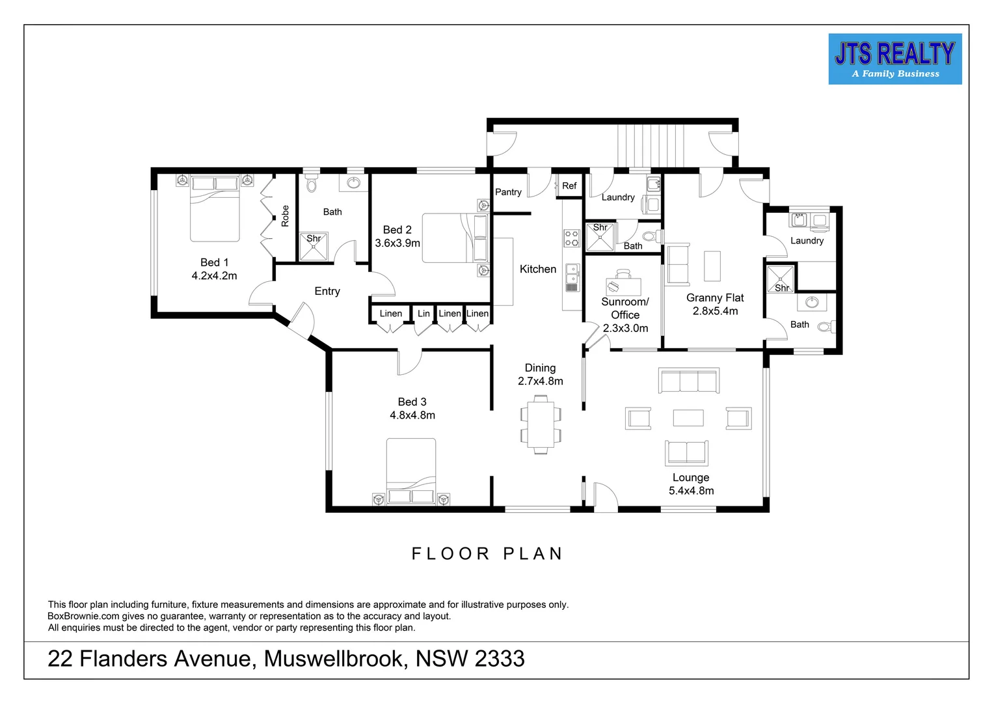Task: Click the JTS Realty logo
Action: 894,59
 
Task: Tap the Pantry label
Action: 508,192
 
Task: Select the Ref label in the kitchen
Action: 569,186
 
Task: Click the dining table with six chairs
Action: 541,424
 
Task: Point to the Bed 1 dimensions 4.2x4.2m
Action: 214,276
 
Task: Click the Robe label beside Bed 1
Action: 285,216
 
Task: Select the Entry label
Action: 327,292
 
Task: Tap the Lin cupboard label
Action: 423,314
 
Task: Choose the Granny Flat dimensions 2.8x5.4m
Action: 715,311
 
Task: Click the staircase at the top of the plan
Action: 651,146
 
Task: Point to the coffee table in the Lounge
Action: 688,417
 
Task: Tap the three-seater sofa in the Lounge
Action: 688,381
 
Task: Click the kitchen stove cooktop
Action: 571,238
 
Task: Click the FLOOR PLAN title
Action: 487,554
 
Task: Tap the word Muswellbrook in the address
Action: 336,659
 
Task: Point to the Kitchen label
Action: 538,269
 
